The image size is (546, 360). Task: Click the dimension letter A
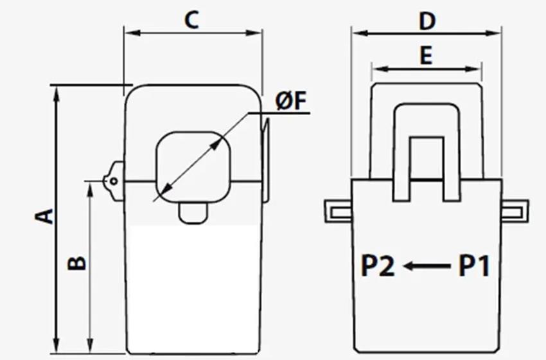coord(44,216)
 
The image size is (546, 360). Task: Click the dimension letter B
coord(76,264)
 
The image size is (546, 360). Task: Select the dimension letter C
coord(191,20)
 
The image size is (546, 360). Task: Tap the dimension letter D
coord(427,22)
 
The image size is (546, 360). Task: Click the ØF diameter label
coord(291,102)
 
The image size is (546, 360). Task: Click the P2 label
coord(378,266)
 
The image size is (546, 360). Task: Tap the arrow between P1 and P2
coord(427,266)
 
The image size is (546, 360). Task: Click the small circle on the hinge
coord(114,181)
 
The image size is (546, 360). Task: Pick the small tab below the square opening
coord(193,213)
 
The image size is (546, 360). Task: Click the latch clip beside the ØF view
coord(266,160)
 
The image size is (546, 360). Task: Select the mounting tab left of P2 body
coord(338,212)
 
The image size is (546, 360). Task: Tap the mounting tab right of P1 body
coord(515,212)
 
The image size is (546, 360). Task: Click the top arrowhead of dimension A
coord(57,94)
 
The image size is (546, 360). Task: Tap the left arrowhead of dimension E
coord(381,69)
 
